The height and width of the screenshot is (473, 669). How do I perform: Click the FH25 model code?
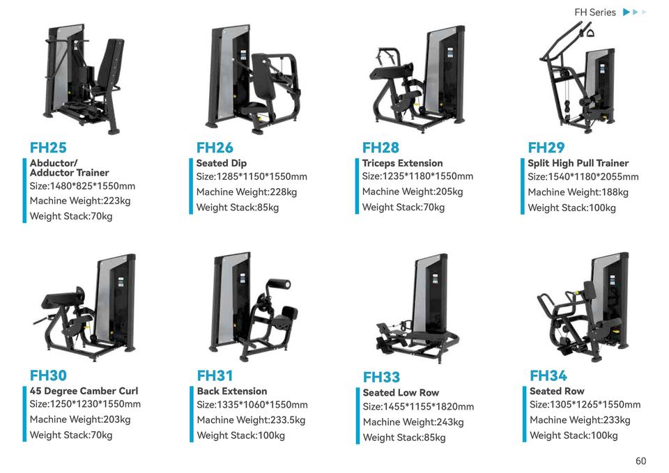pyautogui.click(x=48, y=148)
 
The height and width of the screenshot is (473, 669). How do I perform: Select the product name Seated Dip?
pyautogui.click(x=221, y=163)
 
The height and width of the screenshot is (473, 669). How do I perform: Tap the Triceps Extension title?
pyautogui.click(x=402, y=163)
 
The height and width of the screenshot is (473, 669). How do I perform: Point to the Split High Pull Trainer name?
pyautogui.click(x=578, y=163)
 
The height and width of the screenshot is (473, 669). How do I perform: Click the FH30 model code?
pyautogui.click(x=48, y=375)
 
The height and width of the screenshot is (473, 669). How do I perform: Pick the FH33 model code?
pyautogui.click(x=381, y=377)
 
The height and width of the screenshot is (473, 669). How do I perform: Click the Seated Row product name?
pyautogui.click(x=557, y=391)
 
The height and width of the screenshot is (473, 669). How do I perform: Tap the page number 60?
pyautogui.click(x=640, y=461)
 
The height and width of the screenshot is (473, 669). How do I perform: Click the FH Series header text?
pyautogui.click(x=594, y=13)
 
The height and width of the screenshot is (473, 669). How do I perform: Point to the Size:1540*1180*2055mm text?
pyautogui.click(x=583, y=177)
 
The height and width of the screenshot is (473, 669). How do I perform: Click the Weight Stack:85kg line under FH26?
pyautogui.click(x=237, y=208)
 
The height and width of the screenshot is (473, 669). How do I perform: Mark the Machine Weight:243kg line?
pyautogui.click(x=413, y=422)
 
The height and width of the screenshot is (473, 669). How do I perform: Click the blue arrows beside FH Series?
pyautogui.click(x=634, y=13)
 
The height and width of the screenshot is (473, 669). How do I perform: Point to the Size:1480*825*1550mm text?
pyautogui.click(x=82, y=186)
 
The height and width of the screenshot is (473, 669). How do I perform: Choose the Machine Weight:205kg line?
pyautogui.click(x=412, y=192)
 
